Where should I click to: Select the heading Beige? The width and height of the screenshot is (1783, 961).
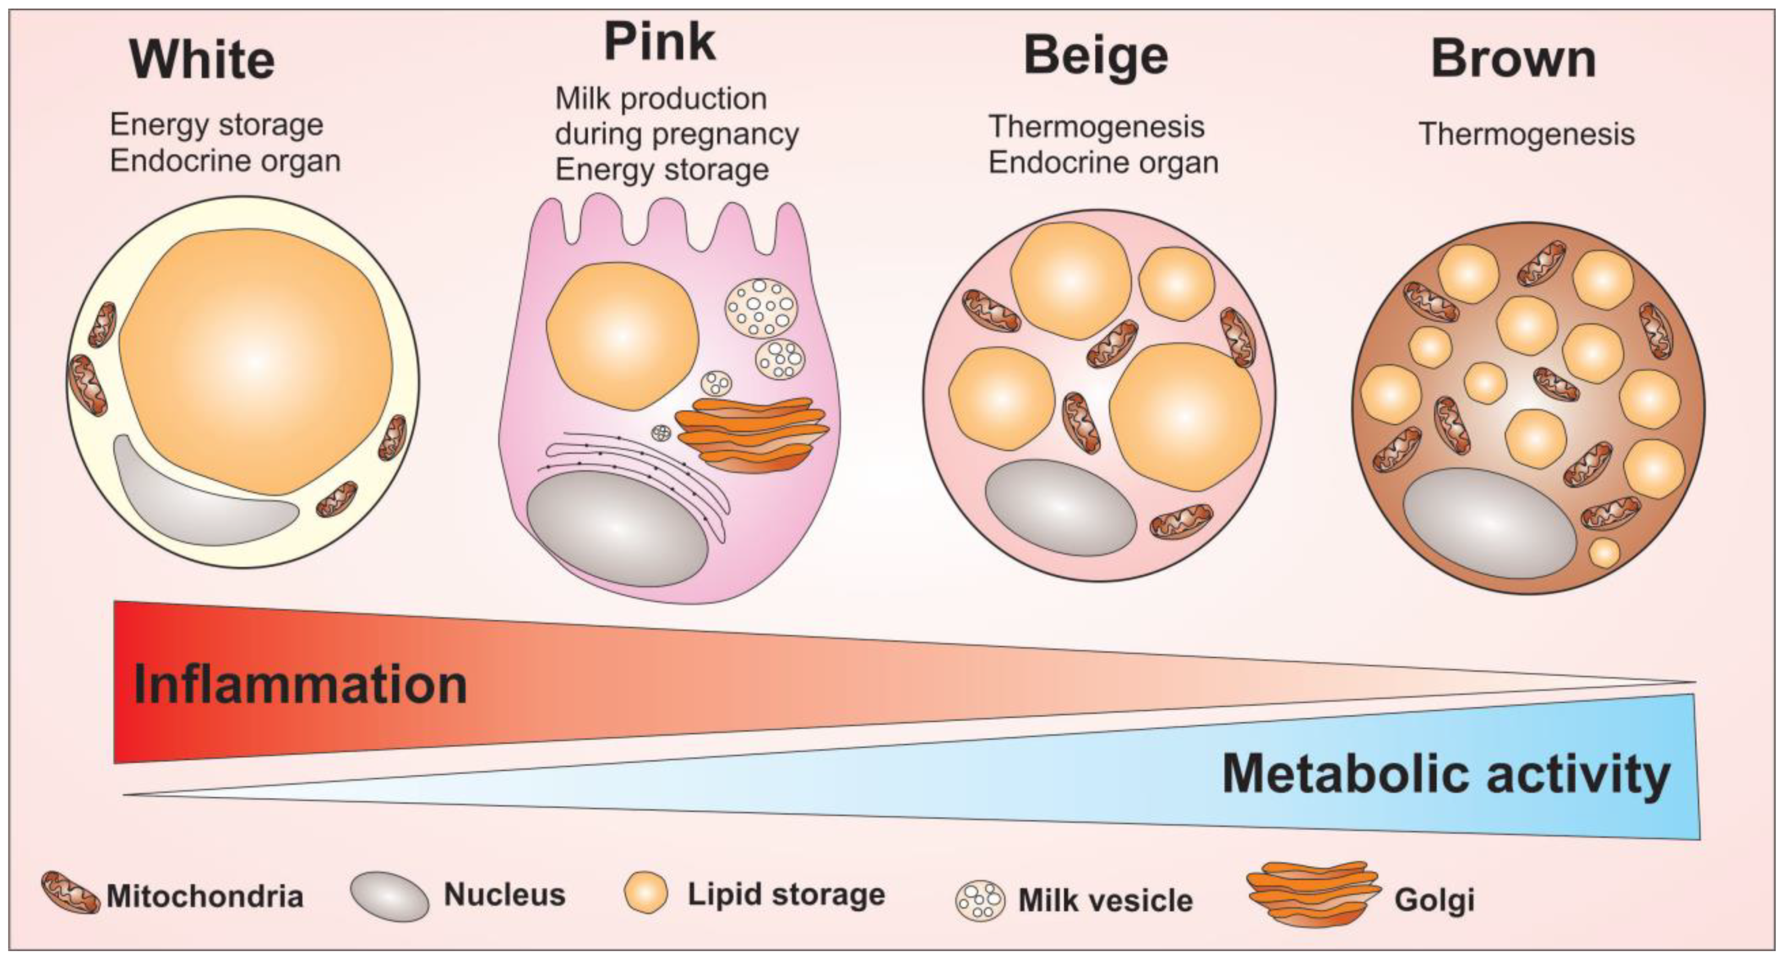[x=1096, y=57]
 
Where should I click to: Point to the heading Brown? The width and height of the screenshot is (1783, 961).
[x=1513, y=59]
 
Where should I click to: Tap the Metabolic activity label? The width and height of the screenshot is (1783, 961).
[x=1446, y=774]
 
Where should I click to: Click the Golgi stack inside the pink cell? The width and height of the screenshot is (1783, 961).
[x=751, y=434]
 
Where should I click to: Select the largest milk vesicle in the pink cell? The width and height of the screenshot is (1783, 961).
[x=761, y=307]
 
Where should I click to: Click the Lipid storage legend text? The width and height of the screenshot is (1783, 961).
[x=786, y=894]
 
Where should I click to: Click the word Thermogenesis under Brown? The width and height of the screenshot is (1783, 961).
[x=1527, y=133]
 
